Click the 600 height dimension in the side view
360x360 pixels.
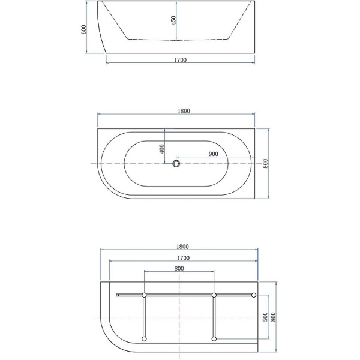84,29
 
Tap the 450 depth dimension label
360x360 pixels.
173,20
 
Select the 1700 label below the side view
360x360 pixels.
181,60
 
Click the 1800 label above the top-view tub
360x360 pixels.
184,111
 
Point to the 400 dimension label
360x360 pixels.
162,149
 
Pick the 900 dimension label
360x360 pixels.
213,154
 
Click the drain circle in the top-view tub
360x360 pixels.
176,163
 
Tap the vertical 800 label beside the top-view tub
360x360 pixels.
265,163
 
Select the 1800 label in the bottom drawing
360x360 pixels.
182,247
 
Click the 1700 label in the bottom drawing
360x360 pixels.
184,258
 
